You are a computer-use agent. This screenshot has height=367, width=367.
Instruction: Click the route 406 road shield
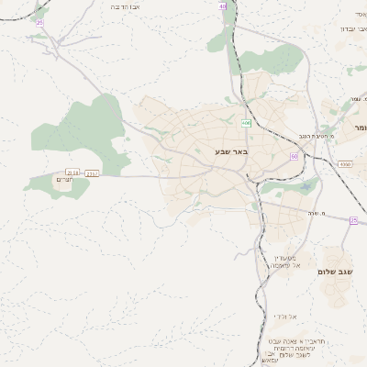point(246,123)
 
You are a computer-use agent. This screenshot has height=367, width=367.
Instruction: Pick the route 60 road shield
point(294,156)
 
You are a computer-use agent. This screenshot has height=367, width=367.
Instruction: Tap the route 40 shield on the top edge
point(223,6)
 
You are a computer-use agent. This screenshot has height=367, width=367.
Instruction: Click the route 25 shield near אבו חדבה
point(39,22)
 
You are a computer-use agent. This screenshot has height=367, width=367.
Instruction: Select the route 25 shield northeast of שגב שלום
point(353,219)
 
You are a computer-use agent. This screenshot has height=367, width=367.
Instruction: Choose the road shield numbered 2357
point(92,172)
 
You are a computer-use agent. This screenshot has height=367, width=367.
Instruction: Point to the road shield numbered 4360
point(344,163)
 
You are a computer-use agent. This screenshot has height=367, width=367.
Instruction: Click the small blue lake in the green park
point(306,189)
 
